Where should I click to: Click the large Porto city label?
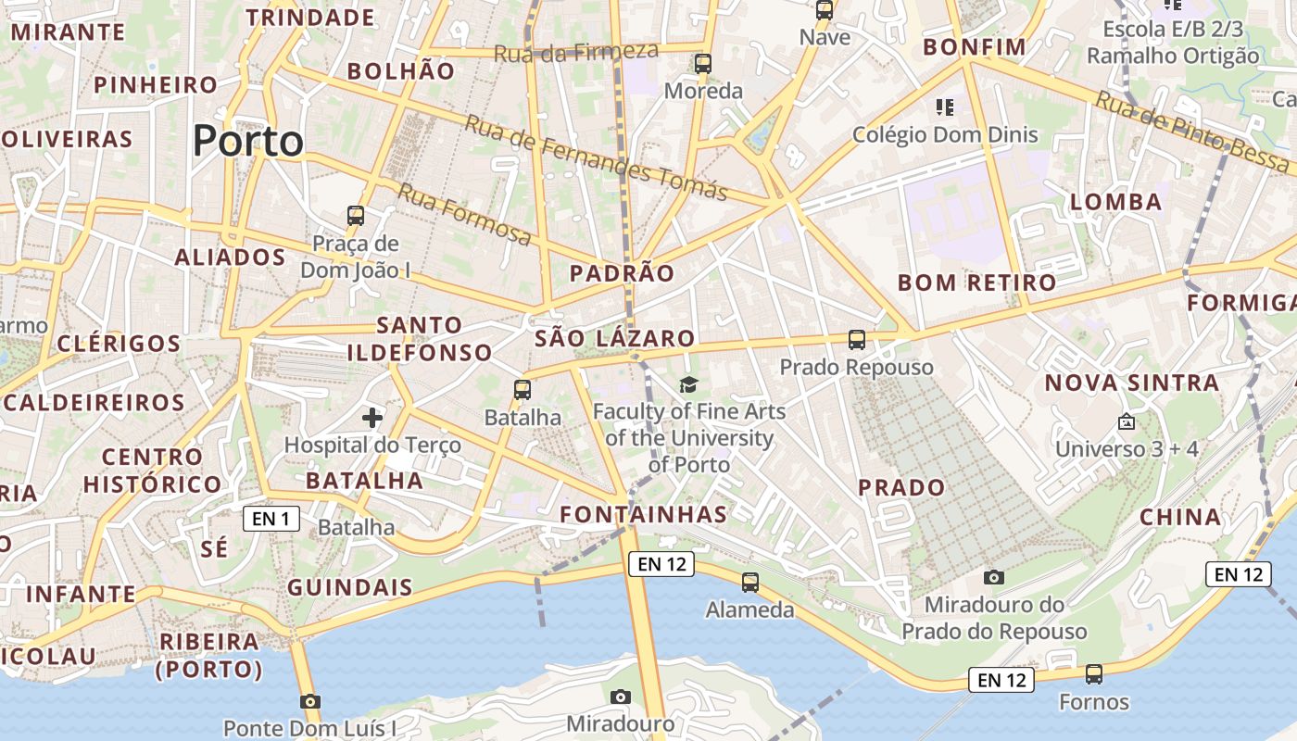(247, 142)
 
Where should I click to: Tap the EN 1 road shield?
(271, 519)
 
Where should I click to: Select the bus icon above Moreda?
(703, 64)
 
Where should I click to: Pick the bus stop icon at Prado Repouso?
(857, 340)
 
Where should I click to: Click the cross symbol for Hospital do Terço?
(372, 418)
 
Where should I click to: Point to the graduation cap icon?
(688, 384)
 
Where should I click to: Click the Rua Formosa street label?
(465, 216)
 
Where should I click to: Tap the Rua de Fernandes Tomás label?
(596, 157)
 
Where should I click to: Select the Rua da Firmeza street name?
(575, 52)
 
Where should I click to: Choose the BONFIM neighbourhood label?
(975, 47)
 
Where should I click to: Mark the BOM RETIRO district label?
(977, 283)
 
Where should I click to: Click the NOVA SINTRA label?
(1132, 383)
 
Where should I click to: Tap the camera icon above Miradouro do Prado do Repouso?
(994, 578)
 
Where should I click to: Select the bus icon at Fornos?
(1094, 674)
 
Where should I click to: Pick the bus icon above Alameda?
(750, 583)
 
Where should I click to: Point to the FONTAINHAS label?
(644, 514)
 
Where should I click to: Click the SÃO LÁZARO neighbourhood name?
(614, 338)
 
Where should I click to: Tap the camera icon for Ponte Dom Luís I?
(310, 701)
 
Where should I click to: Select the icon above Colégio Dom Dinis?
(945, 107)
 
